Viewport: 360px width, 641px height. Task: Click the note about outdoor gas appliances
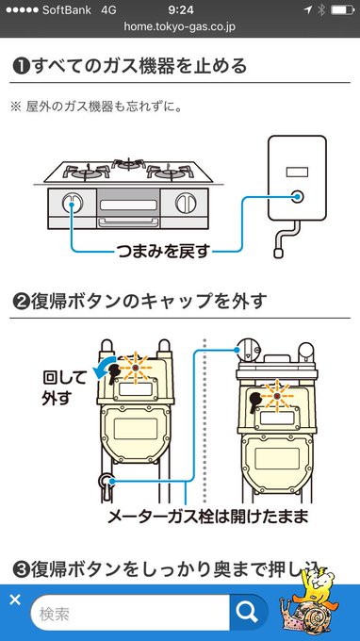coord(98,106)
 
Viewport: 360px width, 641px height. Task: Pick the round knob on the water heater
coord(299,197)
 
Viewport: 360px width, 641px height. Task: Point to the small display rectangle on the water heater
coord(298,173)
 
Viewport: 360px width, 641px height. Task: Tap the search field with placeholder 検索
coord(132,614)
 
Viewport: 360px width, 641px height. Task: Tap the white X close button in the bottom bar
coord(14,600)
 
